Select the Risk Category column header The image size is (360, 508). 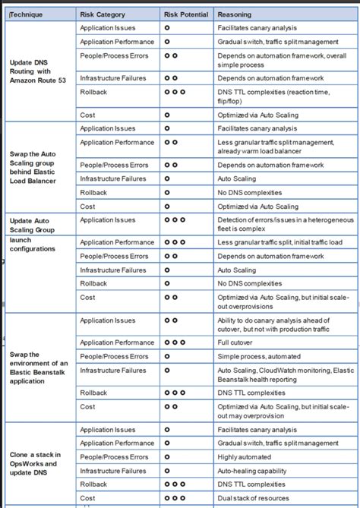tap(104, 14)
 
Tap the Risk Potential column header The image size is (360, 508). tap(185, 14)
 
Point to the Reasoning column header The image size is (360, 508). tap(235, 14)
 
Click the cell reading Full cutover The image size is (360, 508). tap(236, 342)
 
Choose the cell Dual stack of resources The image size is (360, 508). tap(254, 497)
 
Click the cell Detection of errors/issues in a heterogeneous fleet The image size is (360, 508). tap(285, 225)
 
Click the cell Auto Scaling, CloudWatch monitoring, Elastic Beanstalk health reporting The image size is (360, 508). tap(286, 374)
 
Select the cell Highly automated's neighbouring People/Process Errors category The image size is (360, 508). tap(114, 457)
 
